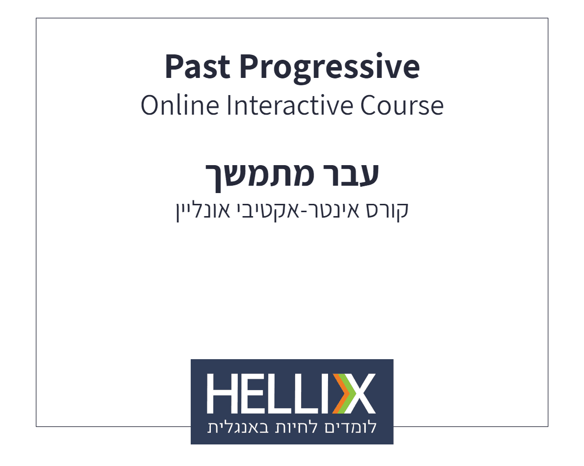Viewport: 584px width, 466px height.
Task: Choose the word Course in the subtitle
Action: [402, 105]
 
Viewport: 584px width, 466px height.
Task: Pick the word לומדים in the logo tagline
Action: [351, 427]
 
